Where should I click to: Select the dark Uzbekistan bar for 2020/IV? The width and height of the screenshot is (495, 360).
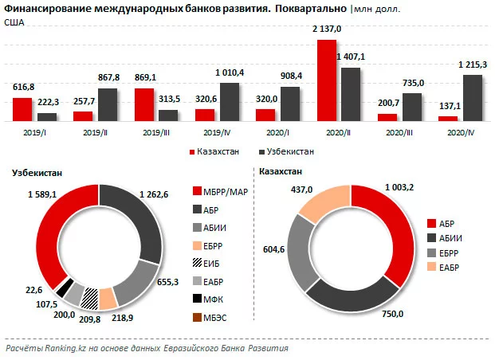pyautogui.click(x=450, y=97)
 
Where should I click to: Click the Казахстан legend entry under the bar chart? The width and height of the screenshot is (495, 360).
pyautogui.click(x=216, y=151)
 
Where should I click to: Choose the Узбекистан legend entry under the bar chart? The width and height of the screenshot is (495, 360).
pyautogui.click(x=285, y=151)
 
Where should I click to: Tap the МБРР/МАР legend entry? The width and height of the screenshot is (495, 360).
pyautogui.click(x=224, y=191)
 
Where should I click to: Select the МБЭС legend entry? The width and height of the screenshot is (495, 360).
pyautogui.click(x=220, y=319)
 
